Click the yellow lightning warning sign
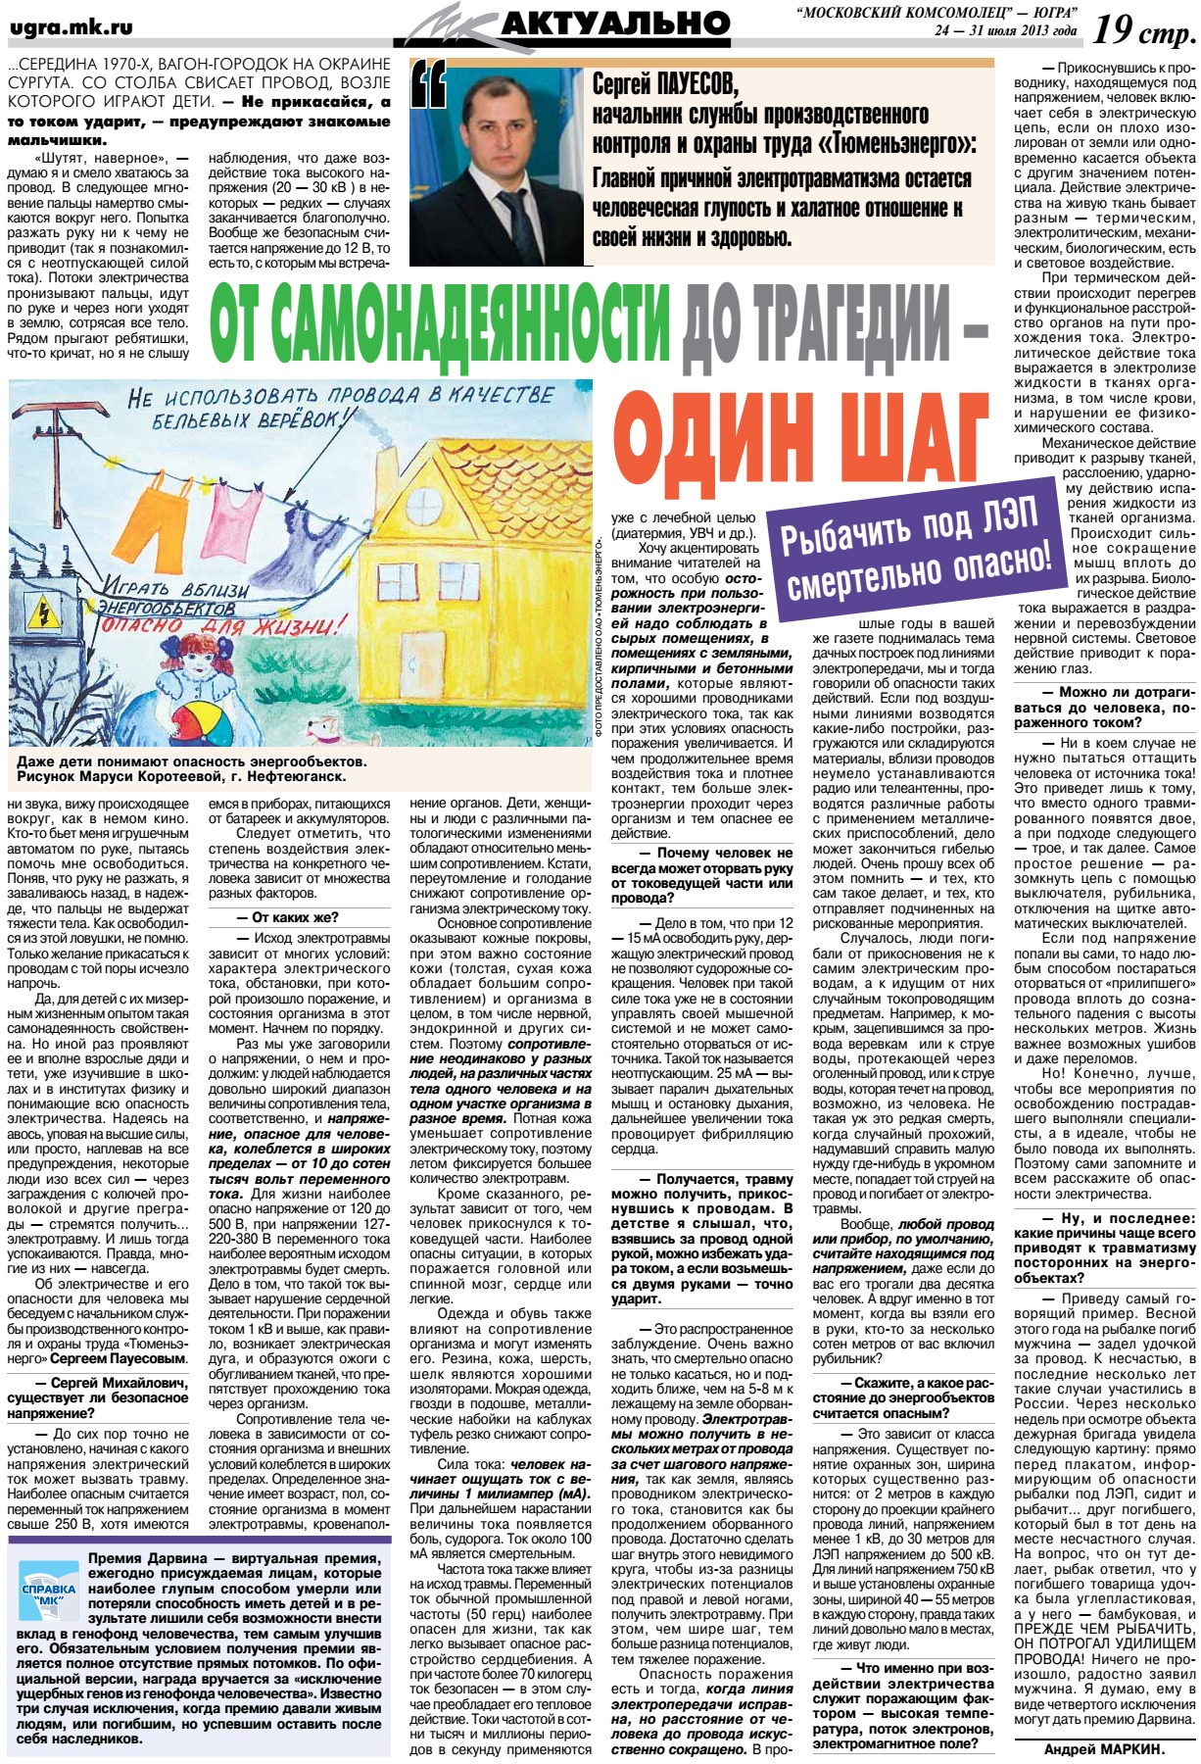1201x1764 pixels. click(x=44, y=614)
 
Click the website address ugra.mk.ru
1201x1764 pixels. click(x=71, y=28)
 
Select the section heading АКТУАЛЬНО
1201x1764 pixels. click(x=614, y=24)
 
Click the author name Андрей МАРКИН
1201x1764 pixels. click(x=1104, y=1748)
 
